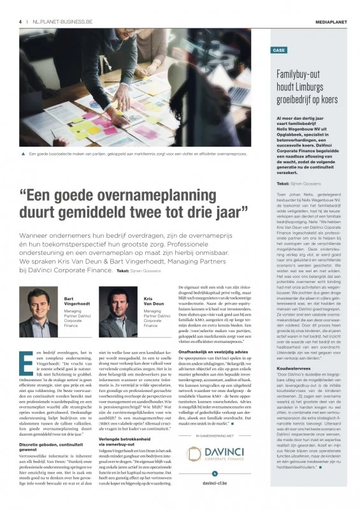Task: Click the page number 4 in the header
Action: pos(20,21)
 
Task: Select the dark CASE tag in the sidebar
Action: pos(279,50)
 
